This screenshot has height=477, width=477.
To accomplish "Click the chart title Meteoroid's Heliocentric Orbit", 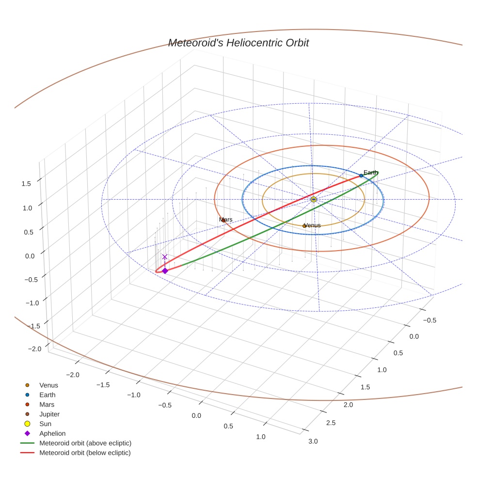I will point(238,43).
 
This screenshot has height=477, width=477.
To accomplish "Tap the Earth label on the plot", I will point(371,173).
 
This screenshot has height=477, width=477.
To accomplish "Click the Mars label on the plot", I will point(225,220).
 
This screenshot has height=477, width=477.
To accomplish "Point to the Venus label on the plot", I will point(312,225).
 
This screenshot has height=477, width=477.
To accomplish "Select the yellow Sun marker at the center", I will point(314,199).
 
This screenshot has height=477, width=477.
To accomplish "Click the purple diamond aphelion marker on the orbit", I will point(165,271).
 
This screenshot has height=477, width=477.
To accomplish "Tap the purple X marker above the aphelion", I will point(165,256).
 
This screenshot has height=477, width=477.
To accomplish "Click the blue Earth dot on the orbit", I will point(361,175).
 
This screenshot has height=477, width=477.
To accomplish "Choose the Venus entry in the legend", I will point(48,385).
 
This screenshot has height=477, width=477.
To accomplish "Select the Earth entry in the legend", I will point(47,395).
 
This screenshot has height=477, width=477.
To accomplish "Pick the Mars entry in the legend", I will point(47,405).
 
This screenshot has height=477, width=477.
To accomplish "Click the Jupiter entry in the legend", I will point(49,414).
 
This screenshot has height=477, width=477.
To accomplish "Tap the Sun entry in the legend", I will point(45,424).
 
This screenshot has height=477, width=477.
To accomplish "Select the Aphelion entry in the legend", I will point(52,434).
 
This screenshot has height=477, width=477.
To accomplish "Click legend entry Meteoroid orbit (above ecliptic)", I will point(85,443).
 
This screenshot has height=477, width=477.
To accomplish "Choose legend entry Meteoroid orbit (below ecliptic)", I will point(85,453).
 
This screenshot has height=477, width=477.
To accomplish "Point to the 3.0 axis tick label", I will point(313,441).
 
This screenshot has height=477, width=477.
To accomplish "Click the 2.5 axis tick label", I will point(330,423).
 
